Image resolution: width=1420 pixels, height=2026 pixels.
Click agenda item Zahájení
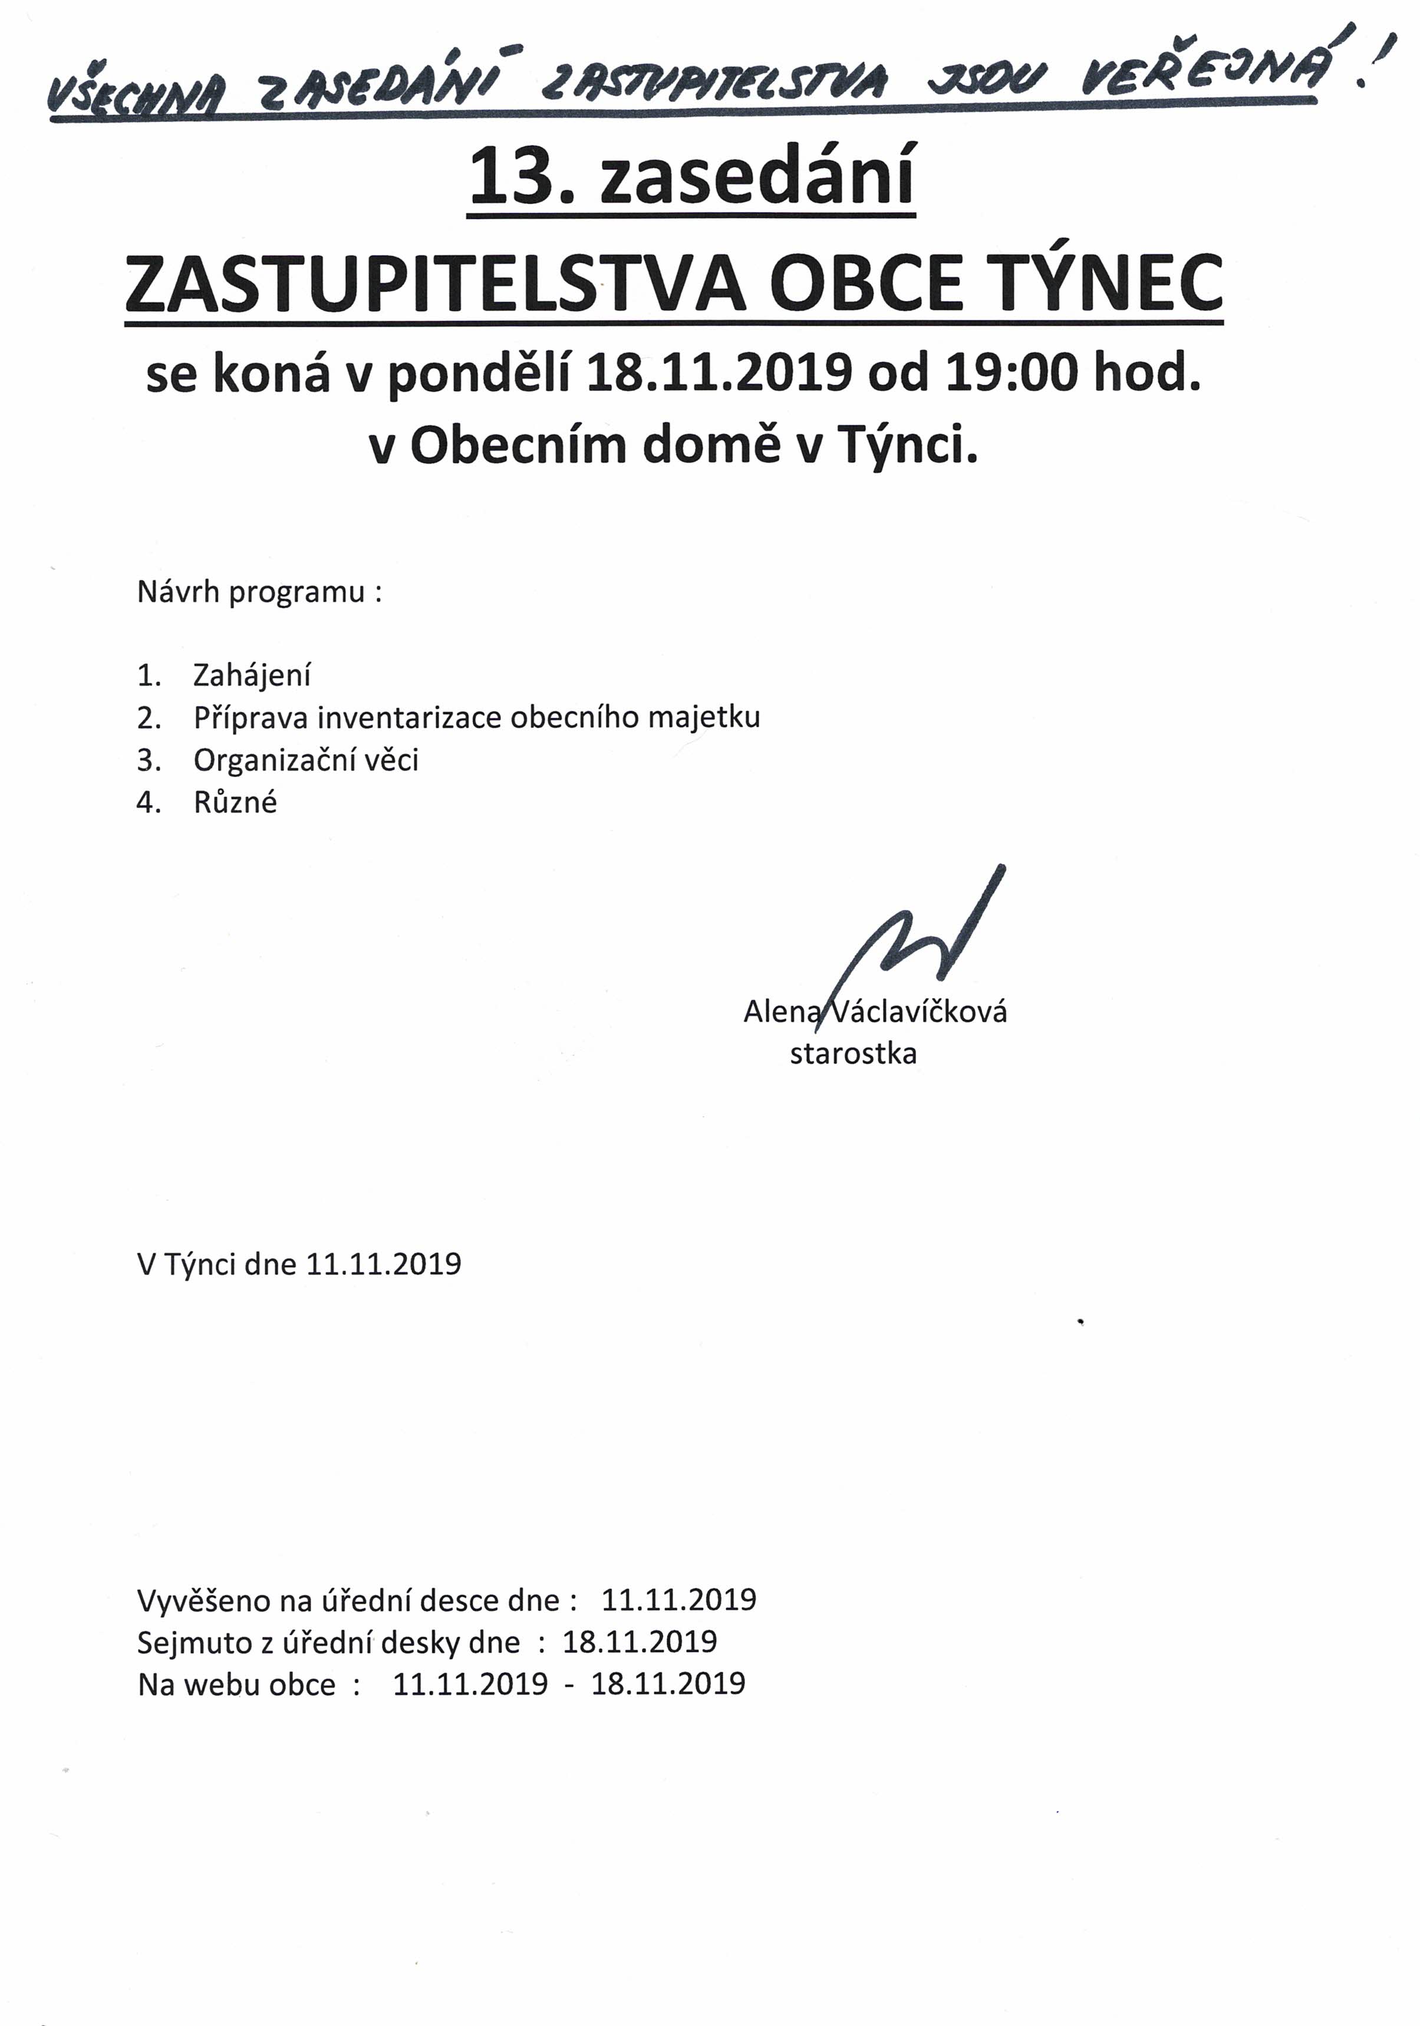pyautogui.click(x=252, y=677)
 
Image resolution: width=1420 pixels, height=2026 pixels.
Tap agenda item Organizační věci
pyautogui.click(x=305, y=760)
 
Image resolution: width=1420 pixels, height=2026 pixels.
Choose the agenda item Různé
pyautogui.click(x=235, y=803)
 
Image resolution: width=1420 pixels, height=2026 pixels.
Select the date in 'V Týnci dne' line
pyautogui.click(x=383, y=1264)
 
